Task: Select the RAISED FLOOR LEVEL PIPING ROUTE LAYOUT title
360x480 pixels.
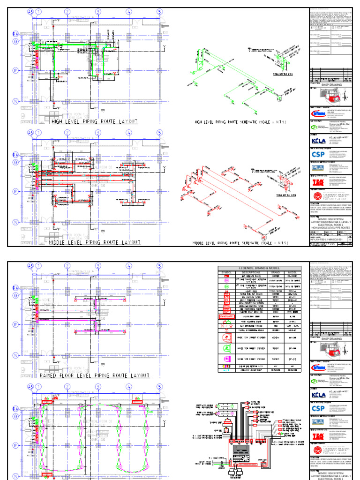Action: (x=95, y=375)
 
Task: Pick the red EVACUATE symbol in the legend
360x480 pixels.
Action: (x=226, y=316)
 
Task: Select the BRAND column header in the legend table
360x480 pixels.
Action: (x=274, y=272)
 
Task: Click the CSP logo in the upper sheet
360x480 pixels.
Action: (x=317, y=154)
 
